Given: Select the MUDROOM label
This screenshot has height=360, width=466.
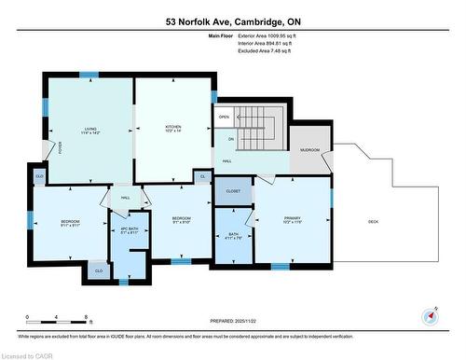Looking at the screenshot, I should [309, 150].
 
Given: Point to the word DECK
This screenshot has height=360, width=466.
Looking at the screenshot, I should [373, 221].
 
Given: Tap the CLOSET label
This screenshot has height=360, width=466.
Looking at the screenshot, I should [233, 190].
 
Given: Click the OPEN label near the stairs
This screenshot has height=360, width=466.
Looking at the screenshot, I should [224, 118].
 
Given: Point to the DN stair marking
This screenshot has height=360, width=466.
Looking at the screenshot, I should [230, 139].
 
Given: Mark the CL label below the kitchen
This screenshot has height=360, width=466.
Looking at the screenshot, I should [202, 174].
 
